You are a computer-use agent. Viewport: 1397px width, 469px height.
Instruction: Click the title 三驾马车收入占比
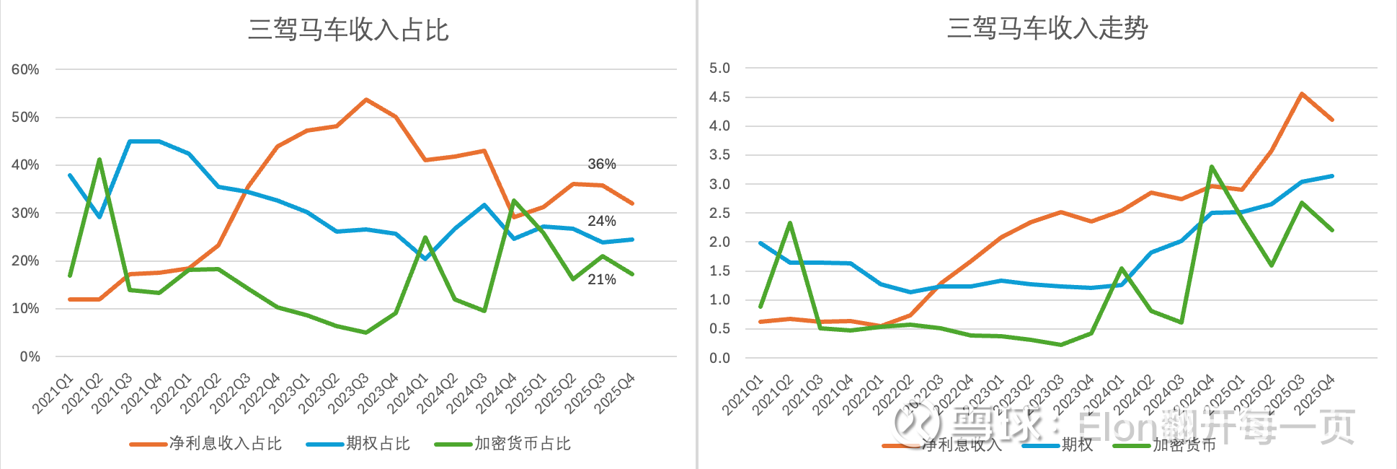(x=348, y=30)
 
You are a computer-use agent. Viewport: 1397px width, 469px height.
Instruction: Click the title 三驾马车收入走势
(x=1047, y=29)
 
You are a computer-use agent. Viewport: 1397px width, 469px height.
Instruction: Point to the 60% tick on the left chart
(x=25, y=70)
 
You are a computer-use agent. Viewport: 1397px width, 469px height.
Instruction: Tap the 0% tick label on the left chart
(x=30, y=356)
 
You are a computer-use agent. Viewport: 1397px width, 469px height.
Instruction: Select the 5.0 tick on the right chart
(x=719, y=69)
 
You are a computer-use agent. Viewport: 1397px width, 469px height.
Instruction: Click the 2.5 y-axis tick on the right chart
(x=719, y=213)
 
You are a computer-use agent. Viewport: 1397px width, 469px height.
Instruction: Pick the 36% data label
(x=601, y=165)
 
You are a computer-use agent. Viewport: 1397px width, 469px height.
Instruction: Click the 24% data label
(x=601, y=222)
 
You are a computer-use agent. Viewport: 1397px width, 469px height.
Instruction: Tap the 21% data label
(x=601, y=280)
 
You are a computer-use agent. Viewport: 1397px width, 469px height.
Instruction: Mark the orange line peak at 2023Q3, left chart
(x=366, y=100)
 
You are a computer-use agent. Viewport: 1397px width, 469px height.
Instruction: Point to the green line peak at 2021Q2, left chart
(x=99, y=159)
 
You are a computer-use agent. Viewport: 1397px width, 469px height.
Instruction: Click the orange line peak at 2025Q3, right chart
(x=1302, y=94)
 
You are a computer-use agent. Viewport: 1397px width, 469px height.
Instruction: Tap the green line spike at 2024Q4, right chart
(x=1212, y=167)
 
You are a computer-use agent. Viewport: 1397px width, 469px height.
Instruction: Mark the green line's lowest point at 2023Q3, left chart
(x=366, y=333)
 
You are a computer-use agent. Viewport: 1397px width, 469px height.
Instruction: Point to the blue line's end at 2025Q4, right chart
(x=1331, y=176)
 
